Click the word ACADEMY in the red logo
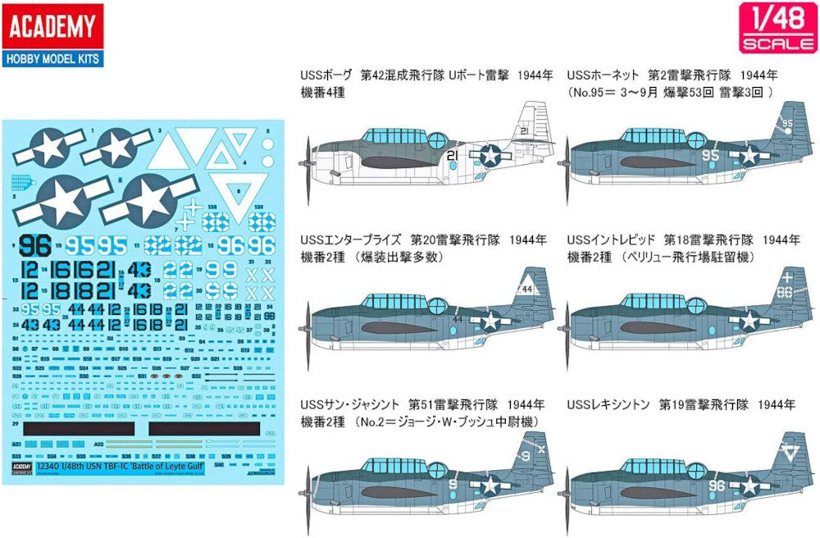point(52,26)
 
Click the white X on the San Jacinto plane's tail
point(528,450)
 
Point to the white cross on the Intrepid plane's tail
point(788,276)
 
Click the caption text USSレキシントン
point(608,405)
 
